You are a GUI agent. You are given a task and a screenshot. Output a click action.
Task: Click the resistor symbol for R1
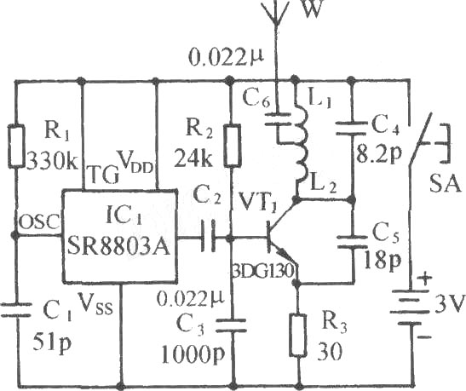[x=16, y=147]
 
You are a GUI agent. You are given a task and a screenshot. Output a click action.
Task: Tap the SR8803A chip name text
[x=119, y=246]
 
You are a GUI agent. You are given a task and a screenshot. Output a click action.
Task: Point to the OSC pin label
[x=39, y=221]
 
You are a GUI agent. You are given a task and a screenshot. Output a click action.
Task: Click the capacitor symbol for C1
[x=16, y=309]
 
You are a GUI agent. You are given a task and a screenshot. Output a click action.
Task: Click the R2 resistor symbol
[x=232, y=146]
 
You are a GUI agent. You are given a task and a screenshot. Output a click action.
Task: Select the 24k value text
[x=193, y=158]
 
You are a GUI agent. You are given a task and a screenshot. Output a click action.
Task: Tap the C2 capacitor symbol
[x=208, y=237]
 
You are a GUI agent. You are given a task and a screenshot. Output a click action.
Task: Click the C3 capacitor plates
[x=231, y=325]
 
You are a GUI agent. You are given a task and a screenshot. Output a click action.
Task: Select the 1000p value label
[x=193, y=354]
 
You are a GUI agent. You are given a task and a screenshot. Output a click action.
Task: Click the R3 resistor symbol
[x=298, y=335]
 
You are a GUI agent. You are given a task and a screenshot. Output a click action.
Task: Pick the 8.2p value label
[x=378, y=154]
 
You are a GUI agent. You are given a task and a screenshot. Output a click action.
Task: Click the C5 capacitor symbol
[x=352, y=241]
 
